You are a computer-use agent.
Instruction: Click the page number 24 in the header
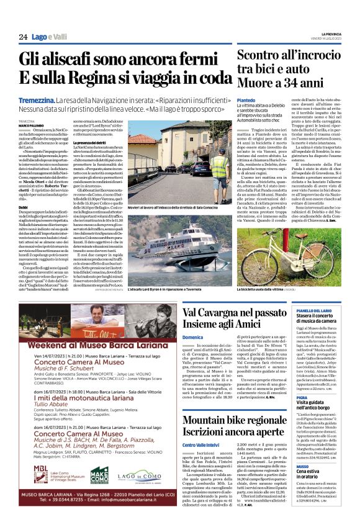23,38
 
